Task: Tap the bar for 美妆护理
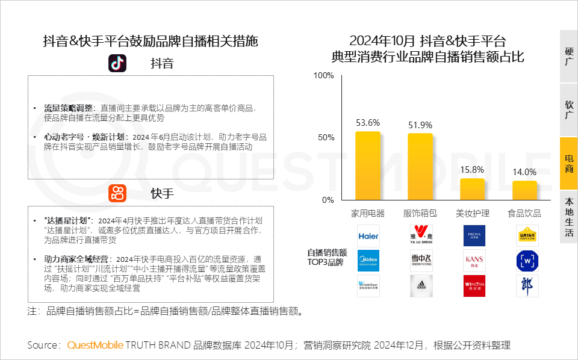(x=472, y=189)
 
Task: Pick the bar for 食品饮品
(x=524, y=190)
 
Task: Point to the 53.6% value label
(x=368, y=123)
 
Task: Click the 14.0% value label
(x=524, y=172)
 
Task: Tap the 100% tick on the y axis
(x=324, y=75)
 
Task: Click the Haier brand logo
(x=368, y=236)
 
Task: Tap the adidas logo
(x=421, y=285)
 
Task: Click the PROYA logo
(x=474, y=236)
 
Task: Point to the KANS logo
(x=474, y=261)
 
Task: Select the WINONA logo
(x=474, y=285)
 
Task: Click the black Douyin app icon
(x=117, y=63)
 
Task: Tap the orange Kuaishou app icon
(x=117, y=193)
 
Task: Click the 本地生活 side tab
(x=569, y=216)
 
